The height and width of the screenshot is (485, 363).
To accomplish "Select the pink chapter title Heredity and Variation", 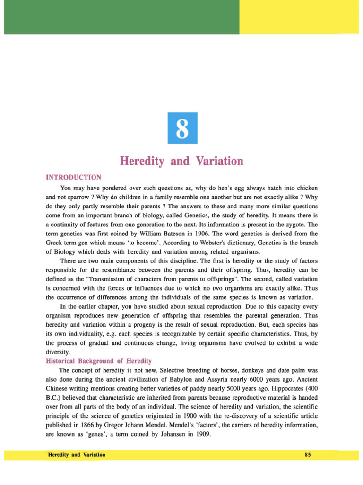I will pos(181,161).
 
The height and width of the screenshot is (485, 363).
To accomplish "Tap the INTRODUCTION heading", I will pos(73,178).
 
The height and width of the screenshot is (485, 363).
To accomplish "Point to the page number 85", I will pos(308,455).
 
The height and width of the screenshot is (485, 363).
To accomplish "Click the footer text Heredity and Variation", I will pos(77,455).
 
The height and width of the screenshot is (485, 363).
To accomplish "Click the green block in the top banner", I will pos(121,17).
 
